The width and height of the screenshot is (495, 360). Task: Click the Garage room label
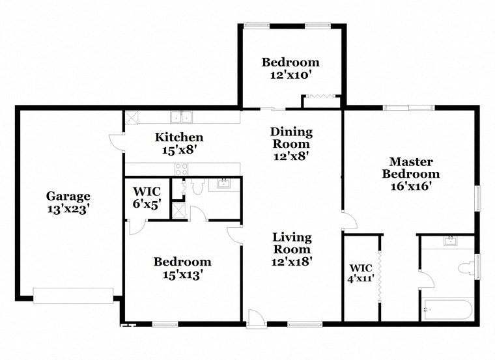pyautogui.click(x=68, y=196)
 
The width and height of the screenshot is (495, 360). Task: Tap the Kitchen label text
pyautogui.click(x=178, y=137)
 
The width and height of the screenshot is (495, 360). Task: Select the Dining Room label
pyautogui.click(x=291, y=138)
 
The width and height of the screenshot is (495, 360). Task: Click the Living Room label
pyautogui.click(x=292, y=243)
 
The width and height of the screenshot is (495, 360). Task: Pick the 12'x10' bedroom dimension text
pyautogui.click(x=290, y=76)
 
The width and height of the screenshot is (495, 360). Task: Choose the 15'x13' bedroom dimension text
pyautogui.click(x=182, y=275)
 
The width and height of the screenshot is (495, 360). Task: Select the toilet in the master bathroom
pyautogui.click(x=467, y=268)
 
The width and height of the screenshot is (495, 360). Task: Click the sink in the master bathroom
pyautogui.click(x=450, y=241)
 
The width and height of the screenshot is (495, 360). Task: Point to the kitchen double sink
pyautogui.click(x=181, y=117)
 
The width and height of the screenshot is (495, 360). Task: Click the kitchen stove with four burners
pyautogui.click(x=182, y=168)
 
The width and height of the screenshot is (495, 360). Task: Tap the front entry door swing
pyautogui.click(x=255, y=318)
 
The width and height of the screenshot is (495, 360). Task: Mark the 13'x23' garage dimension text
pyautogui.click(x=68, y=209)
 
